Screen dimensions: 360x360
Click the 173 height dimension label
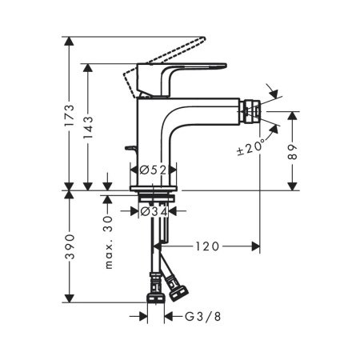[70, 116]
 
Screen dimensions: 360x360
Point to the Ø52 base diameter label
[152, 170]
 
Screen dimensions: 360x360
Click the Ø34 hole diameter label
[152, 212]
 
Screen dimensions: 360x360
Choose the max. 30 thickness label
[108, 242]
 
